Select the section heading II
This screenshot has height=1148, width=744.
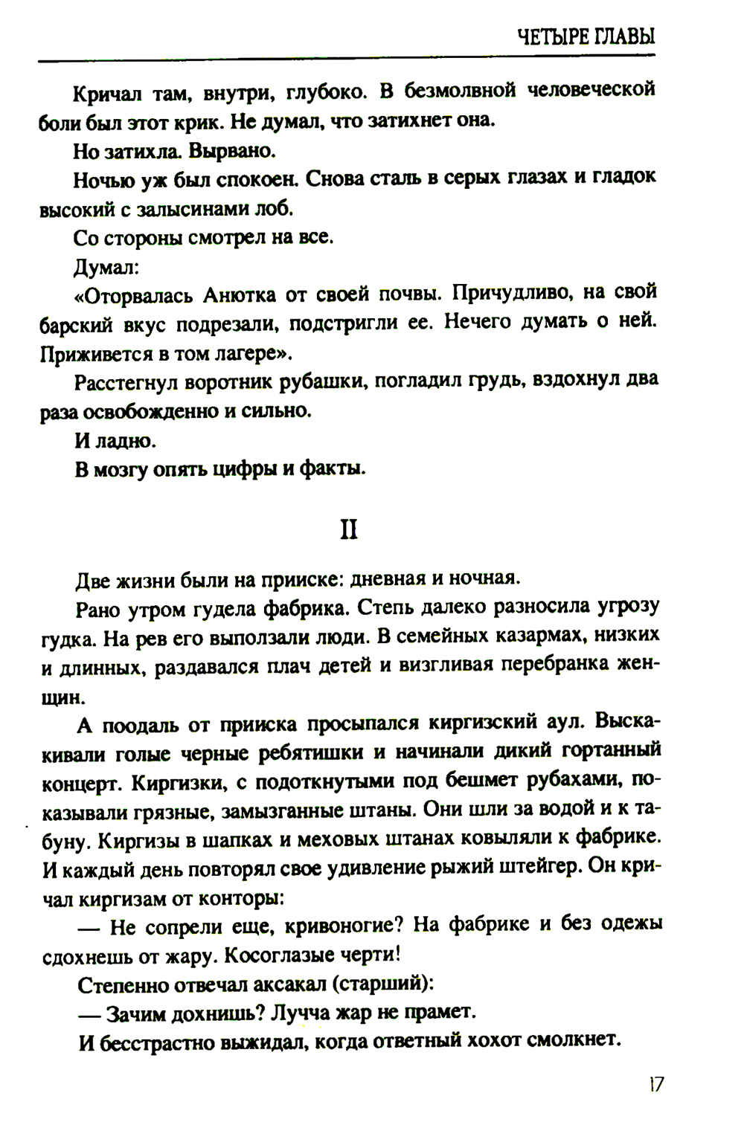(x=348, y=529)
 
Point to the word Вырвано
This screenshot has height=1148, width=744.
(x=232, y=151)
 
